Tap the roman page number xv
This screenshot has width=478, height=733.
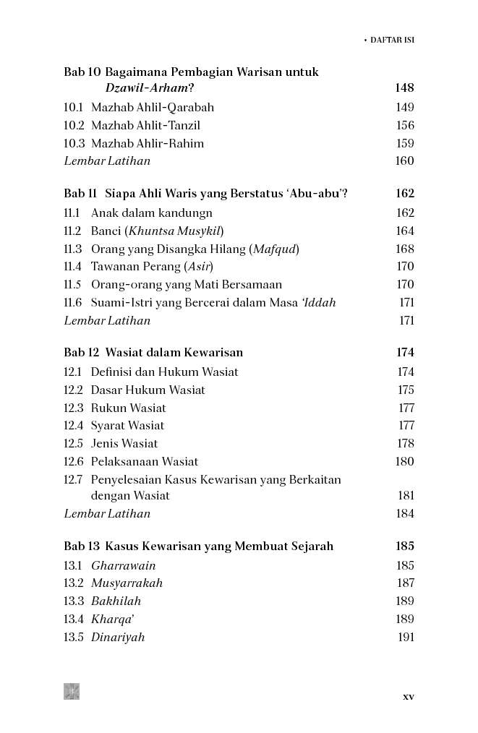coord(408,697)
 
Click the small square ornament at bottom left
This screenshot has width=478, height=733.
coord(72,691)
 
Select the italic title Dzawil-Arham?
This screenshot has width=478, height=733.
coord(150,88)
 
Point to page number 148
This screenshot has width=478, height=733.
coord(404,88)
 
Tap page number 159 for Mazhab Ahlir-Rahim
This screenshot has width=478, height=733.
coord(405,144)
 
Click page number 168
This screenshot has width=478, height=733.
coord(405,249)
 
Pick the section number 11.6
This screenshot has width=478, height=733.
coord(72,303)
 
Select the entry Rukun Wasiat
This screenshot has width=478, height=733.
coord(129,408)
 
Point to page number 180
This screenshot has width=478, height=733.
coord(405,462)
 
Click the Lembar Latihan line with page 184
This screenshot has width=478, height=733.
coord(107,514)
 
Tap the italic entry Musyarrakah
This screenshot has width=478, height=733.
coord(127,583)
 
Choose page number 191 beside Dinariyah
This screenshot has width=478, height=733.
coord(406,638)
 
